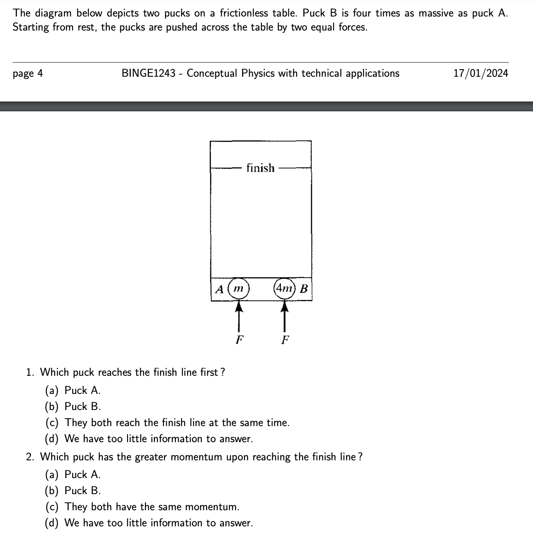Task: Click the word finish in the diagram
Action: tap(260, 168)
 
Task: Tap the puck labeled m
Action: tap(238, 288)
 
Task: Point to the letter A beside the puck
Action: tap(220, 289)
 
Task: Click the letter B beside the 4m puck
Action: tap(304, 289)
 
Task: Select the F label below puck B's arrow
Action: tap(285, 340)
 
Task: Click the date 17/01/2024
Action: tap(481, 73)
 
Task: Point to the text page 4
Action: tap(28, 74)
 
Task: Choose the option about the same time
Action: tap(167, 422)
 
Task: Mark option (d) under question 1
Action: tap(149, 438)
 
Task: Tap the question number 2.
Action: tap(30, 457)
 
